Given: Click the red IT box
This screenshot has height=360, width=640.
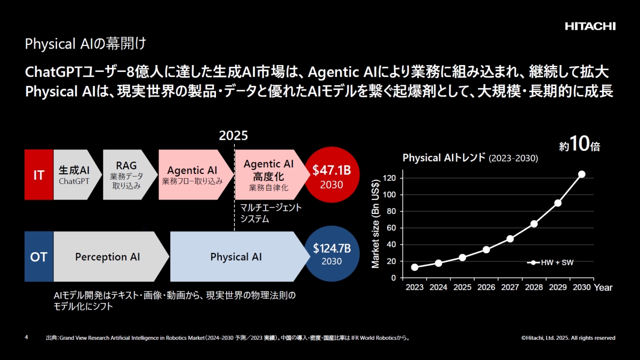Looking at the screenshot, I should [39, 175].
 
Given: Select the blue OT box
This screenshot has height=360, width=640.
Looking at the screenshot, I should [39, 257].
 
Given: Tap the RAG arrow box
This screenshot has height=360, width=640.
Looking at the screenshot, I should [126, 175].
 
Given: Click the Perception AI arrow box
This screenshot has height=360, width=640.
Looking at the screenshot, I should [108, 257].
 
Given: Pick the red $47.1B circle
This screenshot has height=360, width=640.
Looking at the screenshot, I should [331, 175].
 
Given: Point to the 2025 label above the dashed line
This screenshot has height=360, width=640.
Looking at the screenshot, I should [234, 135].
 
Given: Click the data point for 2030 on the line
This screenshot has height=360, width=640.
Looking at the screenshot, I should [581, 174].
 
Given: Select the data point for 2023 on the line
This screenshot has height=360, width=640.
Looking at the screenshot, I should [414, 267].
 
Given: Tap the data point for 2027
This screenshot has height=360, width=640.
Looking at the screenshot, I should [510, 238].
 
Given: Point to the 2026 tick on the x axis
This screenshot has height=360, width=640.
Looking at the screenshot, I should [486, 287].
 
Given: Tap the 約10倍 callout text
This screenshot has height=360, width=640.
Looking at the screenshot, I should [579, 145].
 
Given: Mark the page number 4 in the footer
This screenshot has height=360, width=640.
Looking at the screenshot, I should [27, 338].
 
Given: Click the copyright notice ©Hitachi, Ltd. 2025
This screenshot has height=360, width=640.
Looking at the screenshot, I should [569, 338].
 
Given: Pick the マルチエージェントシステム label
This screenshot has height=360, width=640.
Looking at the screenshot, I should [271, 213].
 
